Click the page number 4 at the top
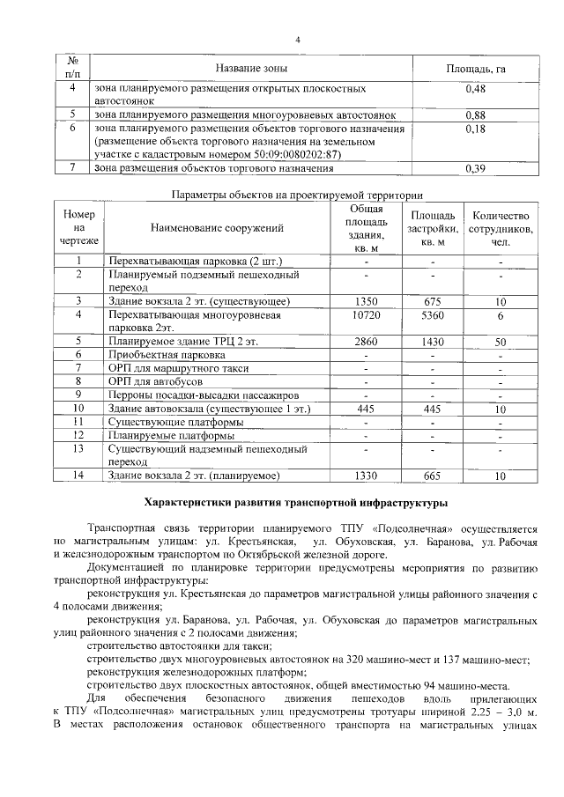[x=298, y=40]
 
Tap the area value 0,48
[x=475, y=89]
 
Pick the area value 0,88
[x=475, y=115]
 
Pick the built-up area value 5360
[x=432, y=314]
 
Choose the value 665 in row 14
[x=432, y=476]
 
